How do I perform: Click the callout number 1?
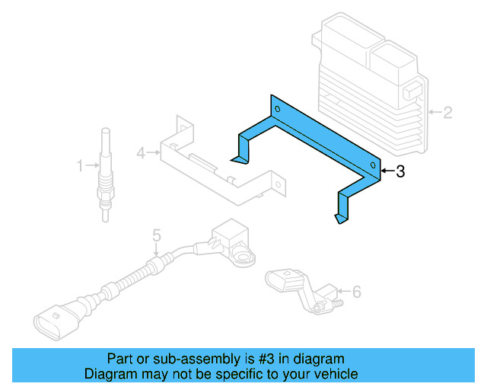[x=80, y=165]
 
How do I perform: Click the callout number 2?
[x=447, y=113]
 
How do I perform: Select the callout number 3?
[x=400, y=172]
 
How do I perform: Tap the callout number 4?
[x=141, y=153]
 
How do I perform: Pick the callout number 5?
[x=156, y=235]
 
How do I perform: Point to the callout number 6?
[x=357, y=291]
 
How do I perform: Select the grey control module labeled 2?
[x=370, y=84]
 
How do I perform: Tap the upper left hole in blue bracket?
[x=278, y=110]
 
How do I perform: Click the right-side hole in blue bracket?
[x=372, y=165]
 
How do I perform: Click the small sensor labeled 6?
[x=301, y=287]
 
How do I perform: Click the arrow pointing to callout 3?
[x=387, y=172]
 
